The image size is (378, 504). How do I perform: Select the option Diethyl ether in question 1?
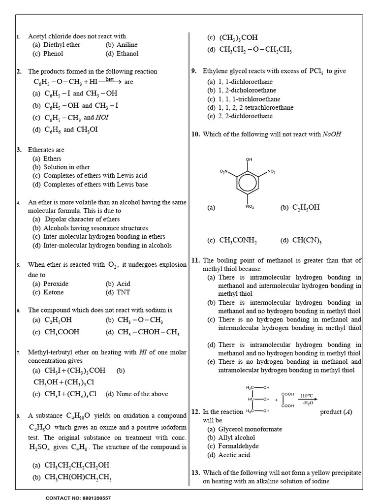pyautogui.click(x=61, y=45)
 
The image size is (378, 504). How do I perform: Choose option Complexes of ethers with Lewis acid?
pyautogui.click(x=95, y=176)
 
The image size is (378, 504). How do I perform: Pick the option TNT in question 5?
pyautogui.click(x=123, y=292)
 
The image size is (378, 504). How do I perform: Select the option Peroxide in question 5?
pyautogui.click(x=56, y=284)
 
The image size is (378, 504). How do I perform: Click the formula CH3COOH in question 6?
pyautogui.click(x=62, y=332)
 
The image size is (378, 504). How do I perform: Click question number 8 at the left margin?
pyautogui.click(x=18, y=416)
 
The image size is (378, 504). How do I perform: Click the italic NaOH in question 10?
pyautogui.click(x=332, y=134)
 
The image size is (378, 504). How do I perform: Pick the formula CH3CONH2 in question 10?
pyautogui.click(x=238, y=241)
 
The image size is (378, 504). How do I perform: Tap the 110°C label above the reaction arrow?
pyautogui.click(x=307, y=395)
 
